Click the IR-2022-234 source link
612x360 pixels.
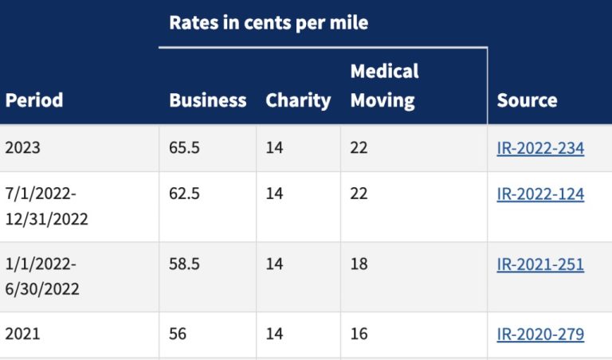[540, 148]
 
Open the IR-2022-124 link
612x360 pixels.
[540, 194]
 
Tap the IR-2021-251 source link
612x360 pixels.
[540, 264]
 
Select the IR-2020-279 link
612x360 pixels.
[540, 335]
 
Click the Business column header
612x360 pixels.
[208, 100]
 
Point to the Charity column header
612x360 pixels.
[298, 101]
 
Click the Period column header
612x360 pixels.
[34, 100]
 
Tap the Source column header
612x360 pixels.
[527, 100]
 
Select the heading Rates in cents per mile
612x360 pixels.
[269, 23]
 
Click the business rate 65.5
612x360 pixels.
[184, 148]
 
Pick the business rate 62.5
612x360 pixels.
[184, 194]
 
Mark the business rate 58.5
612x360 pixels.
[184, 264]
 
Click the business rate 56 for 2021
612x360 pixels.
[178, 334]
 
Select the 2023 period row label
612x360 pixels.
[22, 148]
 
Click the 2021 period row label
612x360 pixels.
[22, 334]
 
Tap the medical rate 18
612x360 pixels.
[359, 264]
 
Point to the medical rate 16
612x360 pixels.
[359, 334]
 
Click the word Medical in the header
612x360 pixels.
[384, 72]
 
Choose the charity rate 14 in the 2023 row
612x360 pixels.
[274, 148]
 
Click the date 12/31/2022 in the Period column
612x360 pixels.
[46, 219]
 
